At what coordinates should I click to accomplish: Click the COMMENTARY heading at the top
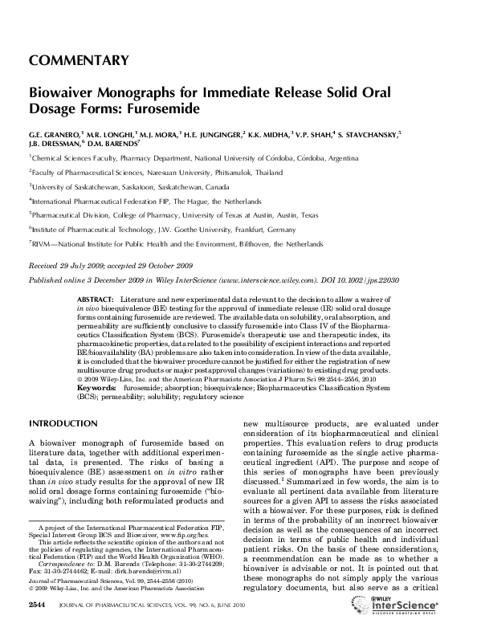pyautogui.click(x=79, y=60)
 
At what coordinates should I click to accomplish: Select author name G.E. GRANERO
pyautogui.click(x=55, y=132)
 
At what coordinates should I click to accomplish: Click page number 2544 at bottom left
pyautogui.click(x=39, y=625)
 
